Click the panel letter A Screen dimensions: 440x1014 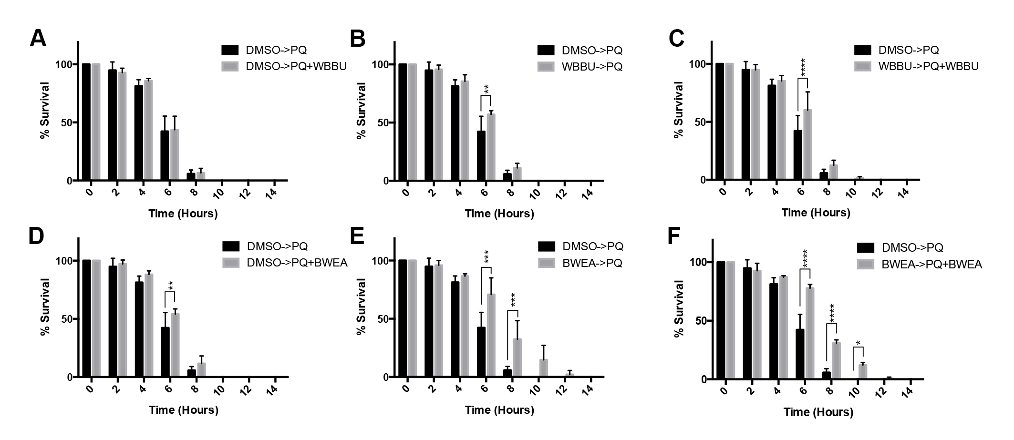(x=38, y=39)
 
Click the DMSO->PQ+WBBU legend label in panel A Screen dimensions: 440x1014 (x=296, y=66)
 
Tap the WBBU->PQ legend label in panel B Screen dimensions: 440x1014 (x=592, y=66)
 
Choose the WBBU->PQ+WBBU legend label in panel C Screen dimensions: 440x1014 (x=928, y=66)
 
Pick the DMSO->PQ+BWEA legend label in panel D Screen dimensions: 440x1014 (x=297, y=263)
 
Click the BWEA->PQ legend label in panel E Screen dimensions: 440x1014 (x=592, y=263)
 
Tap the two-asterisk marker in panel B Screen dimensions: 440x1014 (x=486, y=89)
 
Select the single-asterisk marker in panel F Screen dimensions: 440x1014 (x=858, y=343)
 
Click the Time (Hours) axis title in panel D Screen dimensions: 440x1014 (x=184, y=410)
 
